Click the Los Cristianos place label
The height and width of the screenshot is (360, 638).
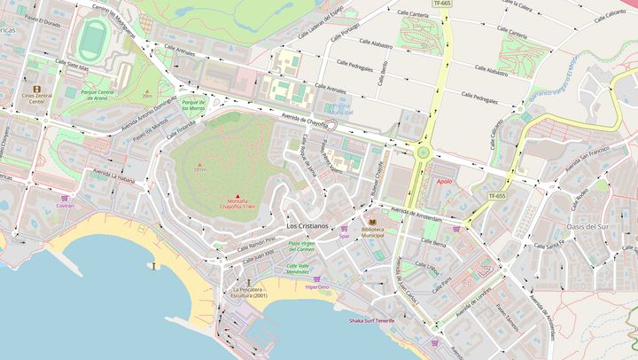(x=307, y=226)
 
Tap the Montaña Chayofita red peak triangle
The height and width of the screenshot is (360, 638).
(x=237, y=195)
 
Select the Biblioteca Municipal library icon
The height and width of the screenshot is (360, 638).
(x=373, y=222)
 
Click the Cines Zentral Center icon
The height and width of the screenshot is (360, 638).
(x=36, y=90)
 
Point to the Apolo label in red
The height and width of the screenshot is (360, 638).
(x=444, y=181)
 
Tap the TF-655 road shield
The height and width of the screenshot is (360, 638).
(x=496, y=195)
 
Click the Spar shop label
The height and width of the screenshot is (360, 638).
(x=344, y=236)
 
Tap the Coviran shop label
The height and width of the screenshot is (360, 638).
(x=65, y=205)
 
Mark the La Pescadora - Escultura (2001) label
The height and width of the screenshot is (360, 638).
(x=248, y=292)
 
